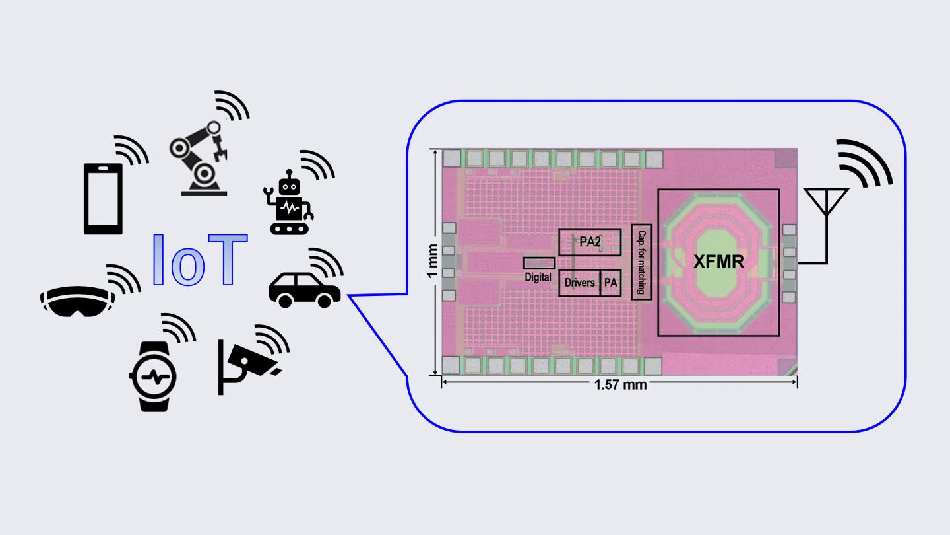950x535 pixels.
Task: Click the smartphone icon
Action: coord(104,198)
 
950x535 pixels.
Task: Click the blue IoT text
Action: coord(199,260)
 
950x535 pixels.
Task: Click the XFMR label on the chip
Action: coord(718,262)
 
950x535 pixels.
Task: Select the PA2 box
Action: coord(590,242)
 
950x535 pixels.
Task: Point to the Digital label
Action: coord(538,277)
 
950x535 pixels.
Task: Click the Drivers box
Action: coord(580,283)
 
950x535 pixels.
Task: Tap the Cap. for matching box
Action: coord(641,262)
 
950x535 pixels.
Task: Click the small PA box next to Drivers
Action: coord(611,283)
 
